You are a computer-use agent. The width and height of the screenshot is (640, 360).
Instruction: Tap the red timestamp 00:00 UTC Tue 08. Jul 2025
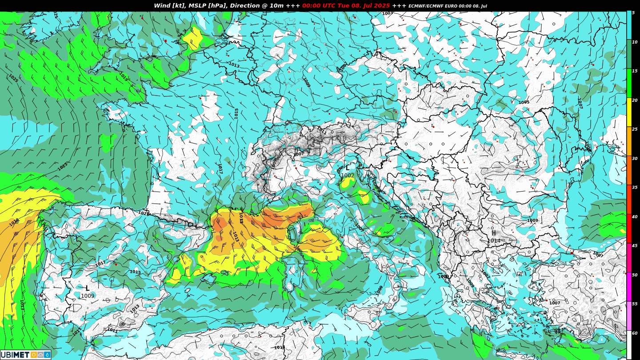(x=346, y=6)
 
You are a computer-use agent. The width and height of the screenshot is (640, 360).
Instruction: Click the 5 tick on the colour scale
(x=633, y=13)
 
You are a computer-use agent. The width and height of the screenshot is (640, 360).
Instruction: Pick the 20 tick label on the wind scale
(x=634, y=100)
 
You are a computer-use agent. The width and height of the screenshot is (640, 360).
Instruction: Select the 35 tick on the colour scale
(x=634, y=188)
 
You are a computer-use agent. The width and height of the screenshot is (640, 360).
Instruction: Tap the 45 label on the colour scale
(x=634, y=246)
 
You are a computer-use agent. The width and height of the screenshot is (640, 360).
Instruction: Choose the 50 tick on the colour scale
(x=634, y=275)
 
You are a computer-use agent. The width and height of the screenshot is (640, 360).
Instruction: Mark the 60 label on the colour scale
(x=634, y=333)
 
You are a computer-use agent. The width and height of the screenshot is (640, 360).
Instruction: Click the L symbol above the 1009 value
(x=87, y=288)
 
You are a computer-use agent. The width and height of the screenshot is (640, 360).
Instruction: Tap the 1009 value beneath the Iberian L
(x=88, y=296)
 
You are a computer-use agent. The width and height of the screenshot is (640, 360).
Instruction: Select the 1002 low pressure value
(x=348, y=176)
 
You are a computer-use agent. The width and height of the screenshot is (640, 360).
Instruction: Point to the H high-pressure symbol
(x=493, y=233)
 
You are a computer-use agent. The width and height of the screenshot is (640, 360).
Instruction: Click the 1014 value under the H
(x=493, y=240)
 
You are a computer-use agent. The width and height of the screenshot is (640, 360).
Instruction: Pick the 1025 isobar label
(x=13, y=78)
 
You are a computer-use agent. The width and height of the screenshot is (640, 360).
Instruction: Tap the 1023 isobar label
(x=63, y=166)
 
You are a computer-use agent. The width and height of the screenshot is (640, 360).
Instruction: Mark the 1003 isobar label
(x=388, y=13)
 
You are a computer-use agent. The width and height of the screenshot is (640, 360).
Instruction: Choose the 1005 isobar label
(x=524, y=102)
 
